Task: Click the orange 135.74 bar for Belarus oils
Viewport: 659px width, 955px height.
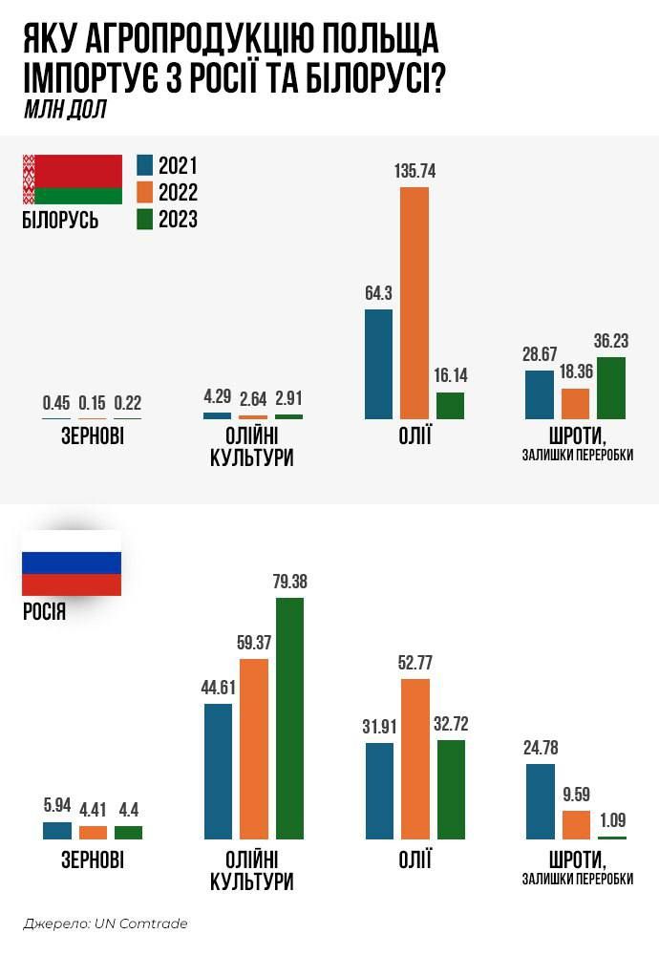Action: point(415,303)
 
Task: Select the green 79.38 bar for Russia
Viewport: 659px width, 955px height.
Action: point(289,718)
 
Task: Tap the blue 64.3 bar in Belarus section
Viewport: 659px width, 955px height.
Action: point(378,364)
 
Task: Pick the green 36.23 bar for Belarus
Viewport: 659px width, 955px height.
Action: point(611,388)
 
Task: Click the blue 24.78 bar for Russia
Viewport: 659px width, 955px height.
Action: point(541,800)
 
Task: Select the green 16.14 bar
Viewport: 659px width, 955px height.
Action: point(450,405)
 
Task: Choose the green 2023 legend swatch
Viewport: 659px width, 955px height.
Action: point(145,220)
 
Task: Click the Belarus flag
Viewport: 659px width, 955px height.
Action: point(72,179)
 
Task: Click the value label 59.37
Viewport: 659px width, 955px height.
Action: point(254,642)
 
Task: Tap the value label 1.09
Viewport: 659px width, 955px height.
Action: point(612,819)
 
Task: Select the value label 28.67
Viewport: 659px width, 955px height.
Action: point(540,354)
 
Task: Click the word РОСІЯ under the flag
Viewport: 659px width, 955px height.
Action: point(44,611)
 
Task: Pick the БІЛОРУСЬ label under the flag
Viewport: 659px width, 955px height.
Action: point(59,221)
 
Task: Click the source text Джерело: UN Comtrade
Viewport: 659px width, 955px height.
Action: point(105,923)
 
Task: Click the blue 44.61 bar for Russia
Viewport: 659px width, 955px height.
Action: point(218,771)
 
